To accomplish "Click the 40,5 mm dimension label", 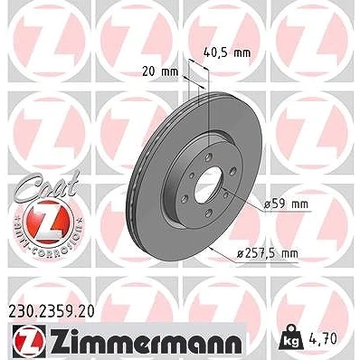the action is coord(227,52).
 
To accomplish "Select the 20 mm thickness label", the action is coord(160,71).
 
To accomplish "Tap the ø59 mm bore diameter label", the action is coord(286,204).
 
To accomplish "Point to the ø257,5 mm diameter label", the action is coord(267,253).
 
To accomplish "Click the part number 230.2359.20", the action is coord(52,311).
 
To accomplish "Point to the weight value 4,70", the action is coord(322,338).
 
